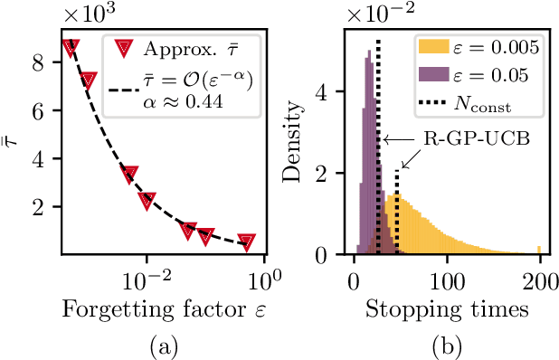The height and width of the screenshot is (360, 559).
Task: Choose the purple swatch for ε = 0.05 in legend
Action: click(432, 76)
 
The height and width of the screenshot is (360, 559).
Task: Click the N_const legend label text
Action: click(483, 105)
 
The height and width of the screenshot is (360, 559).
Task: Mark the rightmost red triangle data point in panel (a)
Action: click(246, 241)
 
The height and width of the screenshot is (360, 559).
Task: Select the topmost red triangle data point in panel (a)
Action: click(70, 47)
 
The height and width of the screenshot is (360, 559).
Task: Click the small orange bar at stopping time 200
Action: click(540, 251)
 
